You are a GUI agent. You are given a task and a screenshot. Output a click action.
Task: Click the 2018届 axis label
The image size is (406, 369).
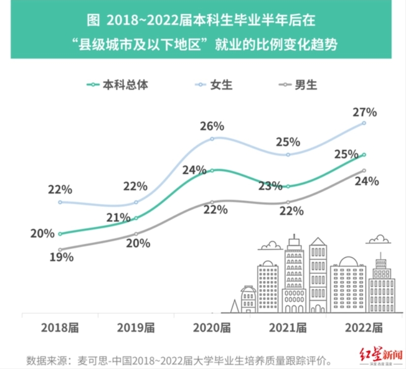tap(60, 328)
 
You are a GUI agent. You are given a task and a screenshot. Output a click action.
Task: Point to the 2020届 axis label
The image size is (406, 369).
tap(212, 328)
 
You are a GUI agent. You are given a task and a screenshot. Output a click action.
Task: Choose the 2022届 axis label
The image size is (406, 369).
tap(363, 328)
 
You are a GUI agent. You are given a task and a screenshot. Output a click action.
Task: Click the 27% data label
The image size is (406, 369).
tap(365, 112)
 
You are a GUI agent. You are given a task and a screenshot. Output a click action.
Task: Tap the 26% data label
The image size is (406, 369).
tap(212, 126)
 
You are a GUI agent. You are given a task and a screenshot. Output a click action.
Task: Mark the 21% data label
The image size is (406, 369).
tap(118, 218)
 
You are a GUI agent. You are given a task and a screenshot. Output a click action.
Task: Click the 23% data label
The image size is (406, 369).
tap(270, 186)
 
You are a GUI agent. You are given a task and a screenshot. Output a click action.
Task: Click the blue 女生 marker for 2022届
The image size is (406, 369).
tap(364, 123)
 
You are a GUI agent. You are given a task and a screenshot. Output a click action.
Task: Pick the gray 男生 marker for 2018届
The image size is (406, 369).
tap(60, 250)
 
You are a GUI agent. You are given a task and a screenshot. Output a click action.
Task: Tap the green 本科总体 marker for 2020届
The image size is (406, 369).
tap(212, 170)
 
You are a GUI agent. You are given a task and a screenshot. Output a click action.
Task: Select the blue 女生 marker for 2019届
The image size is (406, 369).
tap(136, 202)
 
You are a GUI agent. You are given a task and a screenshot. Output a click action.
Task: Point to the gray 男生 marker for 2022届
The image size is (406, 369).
tap(364, 170)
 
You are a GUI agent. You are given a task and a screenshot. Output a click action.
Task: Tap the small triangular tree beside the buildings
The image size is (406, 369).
tap(234, 306)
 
